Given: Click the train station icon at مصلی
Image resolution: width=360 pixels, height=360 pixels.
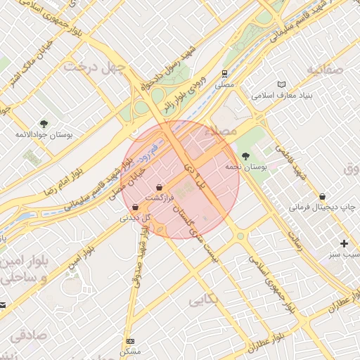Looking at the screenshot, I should point(224,72).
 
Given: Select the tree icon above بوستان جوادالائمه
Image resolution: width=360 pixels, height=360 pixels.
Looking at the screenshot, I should point(44,123).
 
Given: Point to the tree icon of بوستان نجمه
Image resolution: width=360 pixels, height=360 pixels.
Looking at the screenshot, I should point(245,156).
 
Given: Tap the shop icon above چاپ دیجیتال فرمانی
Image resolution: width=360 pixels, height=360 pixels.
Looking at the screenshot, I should point(322,196).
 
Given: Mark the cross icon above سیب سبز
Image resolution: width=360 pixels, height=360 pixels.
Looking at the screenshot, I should point(344,243).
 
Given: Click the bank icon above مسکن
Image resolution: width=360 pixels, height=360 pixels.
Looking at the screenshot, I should point(130,340).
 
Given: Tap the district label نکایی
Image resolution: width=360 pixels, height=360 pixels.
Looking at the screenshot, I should point(205,301).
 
